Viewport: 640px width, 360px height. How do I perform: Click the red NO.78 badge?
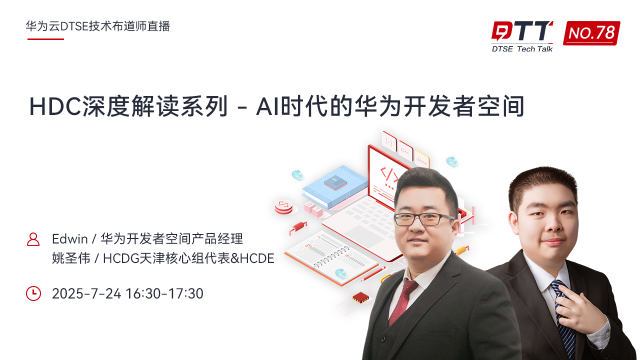[x=591, y=33]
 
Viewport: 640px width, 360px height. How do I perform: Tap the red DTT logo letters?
[x=521, y=30]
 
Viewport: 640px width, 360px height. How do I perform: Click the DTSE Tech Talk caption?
[x=522, y=49]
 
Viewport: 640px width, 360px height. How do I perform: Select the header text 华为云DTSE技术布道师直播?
[x=97, y=26]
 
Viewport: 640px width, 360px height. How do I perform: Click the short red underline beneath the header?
[x=45, y=39]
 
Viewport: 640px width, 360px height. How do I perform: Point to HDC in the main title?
[x=55, y=107]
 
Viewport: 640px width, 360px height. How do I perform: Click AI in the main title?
[x=268, y=107]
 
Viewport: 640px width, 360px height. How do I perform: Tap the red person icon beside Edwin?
[x=33, y=239]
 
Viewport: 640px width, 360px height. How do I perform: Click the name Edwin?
[x=69, y=239]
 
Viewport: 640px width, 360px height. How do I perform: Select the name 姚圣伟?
[x=71, y=258]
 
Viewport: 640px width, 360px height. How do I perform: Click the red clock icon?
[x=33, y=293]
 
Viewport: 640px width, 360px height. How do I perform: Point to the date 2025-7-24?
[x=86, y=293]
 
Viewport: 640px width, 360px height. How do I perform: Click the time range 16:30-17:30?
[x=164, y=293]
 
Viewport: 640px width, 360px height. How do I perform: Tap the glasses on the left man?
[x=423, y=219]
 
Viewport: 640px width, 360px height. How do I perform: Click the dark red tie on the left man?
[x=403, y=302]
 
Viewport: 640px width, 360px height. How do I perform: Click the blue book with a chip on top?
[x=334, y=187]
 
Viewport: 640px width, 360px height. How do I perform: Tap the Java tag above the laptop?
[x=421, y=159]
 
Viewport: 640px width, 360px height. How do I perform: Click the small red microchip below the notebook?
[x=361, y=297]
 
